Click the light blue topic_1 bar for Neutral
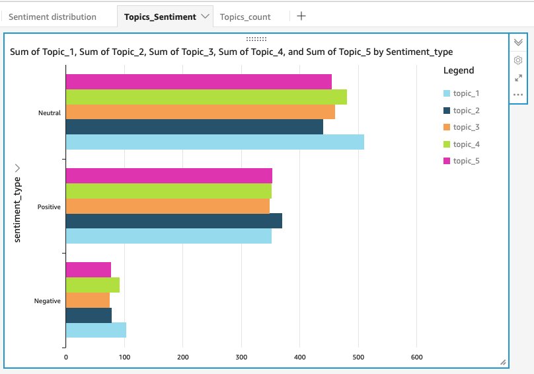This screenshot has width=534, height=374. click(x=215, y=142)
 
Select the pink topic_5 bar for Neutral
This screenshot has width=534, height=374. click(x=198, y=81)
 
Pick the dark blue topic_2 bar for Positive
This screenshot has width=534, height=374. click(x=174, y=220)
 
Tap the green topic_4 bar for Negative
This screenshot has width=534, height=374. click(x=93, y=285)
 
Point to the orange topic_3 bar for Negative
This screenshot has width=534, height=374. click(x=87, y=300)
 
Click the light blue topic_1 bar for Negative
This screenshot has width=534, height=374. click(x=96, y=330)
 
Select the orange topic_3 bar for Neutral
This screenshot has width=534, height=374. click(x=200, y=112)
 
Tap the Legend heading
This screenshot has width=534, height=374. click(x=458, y=70)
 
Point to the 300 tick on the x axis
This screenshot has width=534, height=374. click(x=241, y=358)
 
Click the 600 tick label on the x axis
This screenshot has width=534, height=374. click(x=416, y=358)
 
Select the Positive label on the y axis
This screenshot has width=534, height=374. click(x=49, y=207)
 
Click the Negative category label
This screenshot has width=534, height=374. click(x=48, y=301)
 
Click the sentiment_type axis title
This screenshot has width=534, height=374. click(x=18, y=209)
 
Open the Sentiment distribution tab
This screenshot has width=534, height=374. click(x=52, y=17)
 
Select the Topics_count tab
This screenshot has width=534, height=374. click(x=245, y=17)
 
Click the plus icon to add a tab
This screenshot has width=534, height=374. click(x=301, y=16)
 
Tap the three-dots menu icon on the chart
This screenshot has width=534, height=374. click(x=518, y=95)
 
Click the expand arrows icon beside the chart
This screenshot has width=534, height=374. click(x=518, y=77)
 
